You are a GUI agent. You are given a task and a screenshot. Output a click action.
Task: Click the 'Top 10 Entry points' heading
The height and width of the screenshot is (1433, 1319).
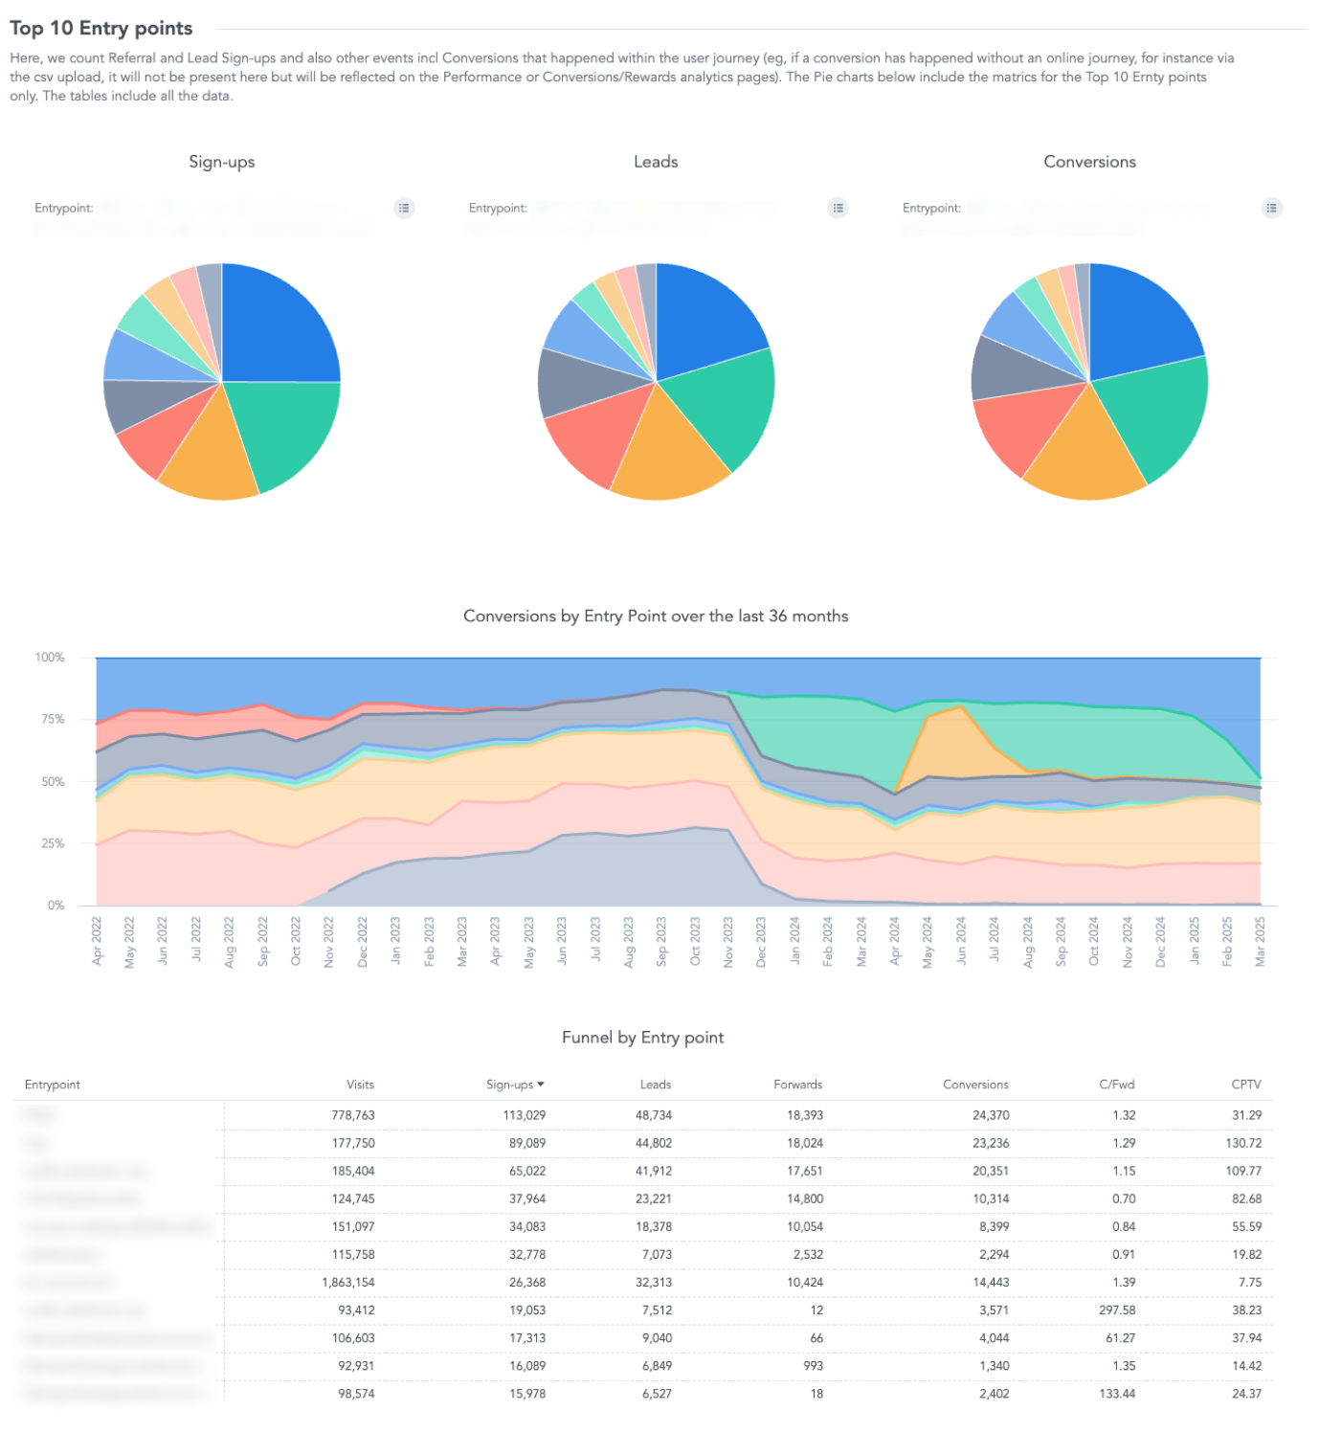(101, 29)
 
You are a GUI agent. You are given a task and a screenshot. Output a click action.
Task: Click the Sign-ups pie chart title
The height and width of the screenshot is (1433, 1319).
(222, 162)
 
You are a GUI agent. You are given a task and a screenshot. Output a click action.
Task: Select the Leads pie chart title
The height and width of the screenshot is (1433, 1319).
(656, 162)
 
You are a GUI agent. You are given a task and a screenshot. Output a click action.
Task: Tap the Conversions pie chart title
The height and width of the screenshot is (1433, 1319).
(1089, 162)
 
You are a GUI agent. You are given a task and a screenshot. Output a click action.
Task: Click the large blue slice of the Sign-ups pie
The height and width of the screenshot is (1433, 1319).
(278, 325)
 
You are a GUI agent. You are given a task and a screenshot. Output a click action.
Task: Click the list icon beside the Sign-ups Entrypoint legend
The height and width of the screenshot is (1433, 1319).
(405, 208)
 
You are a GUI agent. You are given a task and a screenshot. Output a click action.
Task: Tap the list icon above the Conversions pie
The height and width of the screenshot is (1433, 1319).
(1271, 208)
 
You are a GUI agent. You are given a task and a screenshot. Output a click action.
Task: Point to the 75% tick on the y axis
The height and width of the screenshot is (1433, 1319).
(50, 719)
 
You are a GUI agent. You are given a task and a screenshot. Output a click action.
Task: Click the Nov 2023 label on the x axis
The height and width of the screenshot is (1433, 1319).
(728, 942)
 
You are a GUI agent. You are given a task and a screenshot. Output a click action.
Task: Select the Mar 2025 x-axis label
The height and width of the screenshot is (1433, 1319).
(1261, 942)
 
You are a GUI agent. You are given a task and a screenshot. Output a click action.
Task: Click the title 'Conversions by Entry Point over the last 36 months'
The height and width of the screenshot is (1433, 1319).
(656, 616)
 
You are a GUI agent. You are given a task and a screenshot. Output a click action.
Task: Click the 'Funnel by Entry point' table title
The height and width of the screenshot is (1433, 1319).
(642, 1038)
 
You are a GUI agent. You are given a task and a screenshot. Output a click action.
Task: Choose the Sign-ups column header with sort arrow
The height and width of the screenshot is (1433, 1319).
(514, 1085)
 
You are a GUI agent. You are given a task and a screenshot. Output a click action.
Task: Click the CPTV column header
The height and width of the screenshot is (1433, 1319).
(1245, 1085)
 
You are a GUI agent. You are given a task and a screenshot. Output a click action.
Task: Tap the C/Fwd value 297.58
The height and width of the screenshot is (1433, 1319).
(1117, 1310)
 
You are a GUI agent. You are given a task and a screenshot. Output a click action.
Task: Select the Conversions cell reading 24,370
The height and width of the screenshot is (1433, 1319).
(991, 1115)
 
